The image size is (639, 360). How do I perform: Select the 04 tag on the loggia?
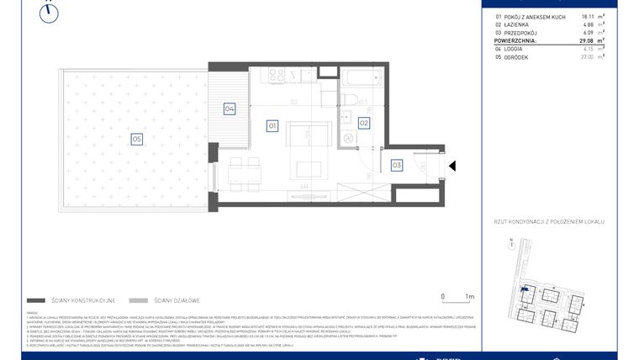point(229,109)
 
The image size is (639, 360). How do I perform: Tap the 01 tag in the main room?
point(272,125)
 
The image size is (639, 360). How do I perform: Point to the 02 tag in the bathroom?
point(364,123)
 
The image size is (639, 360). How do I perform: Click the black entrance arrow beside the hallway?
point(452,167)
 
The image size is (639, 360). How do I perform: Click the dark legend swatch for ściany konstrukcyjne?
point(36,299)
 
